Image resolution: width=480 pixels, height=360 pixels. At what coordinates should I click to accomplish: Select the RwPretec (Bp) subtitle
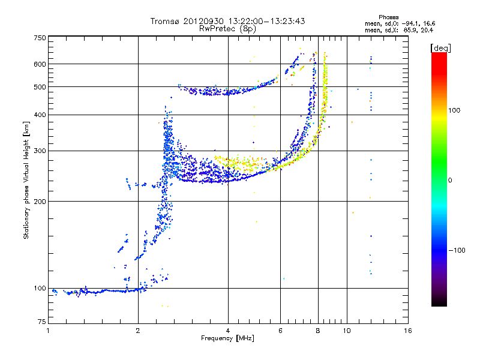(228, 28)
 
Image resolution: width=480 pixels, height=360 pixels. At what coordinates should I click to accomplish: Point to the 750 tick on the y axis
(40, 37)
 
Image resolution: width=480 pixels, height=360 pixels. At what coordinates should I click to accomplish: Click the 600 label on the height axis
(40, 64)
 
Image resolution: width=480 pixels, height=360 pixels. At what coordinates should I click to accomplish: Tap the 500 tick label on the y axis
(40, 87)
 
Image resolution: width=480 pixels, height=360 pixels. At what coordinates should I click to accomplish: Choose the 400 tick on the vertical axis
(40, 115)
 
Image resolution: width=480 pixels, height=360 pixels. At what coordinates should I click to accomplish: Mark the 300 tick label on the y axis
(40, 151)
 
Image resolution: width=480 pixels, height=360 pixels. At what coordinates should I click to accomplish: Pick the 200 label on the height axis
(40, 201)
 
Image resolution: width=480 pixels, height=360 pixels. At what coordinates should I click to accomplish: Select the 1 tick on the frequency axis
(48, 331)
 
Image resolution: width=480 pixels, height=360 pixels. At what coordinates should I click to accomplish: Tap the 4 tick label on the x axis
(228, 331)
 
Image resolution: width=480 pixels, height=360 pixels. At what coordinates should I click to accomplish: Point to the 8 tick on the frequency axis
(318, 331)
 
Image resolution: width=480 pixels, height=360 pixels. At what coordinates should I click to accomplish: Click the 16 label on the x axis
(408, 331)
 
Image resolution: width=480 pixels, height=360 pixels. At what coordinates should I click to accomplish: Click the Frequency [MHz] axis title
(227, 339)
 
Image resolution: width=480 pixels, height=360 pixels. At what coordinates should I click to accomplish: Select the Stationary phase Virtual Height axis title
(26, 180)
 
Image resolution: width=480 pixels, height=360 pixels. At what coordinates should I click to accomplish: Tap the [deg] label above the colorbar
(440, 47)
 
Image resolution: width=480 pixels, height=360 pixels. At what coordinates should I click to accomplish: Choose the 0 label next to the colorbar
(451, 180)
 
